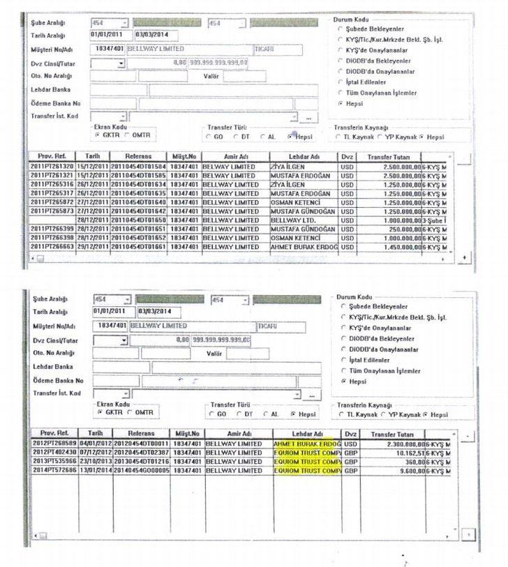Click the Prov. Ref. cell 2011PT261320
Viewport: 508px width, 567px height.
point(52,167)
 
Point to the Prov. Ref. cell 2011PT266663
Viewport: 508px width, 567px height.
point(52,246)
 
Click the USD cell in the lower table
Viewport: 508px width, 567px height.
point(350,444)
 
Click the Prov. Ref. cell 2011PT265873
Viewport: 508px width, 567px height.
point(52,211)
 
